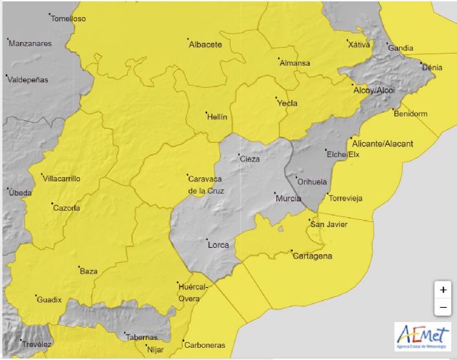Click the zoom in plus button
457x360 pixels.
coord(443,290)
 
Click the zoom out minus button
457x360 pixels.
coord(443,307)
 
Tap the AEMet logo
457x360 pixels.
coord(423,336)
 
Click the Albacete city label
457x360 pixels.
coord(205,45)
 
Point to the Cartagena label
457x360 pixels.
coord(312,256)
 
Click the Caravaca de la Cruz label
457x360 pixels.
coord(206,184)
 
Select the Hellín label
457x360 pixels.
coord(217,115)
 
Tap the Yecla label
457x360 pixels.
coord(286,104)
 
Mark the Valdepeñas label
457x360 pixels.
coord(27,80)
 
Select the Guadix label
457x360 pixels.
coord(50,299)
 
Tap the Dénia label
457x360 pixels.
coord(431,68)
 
